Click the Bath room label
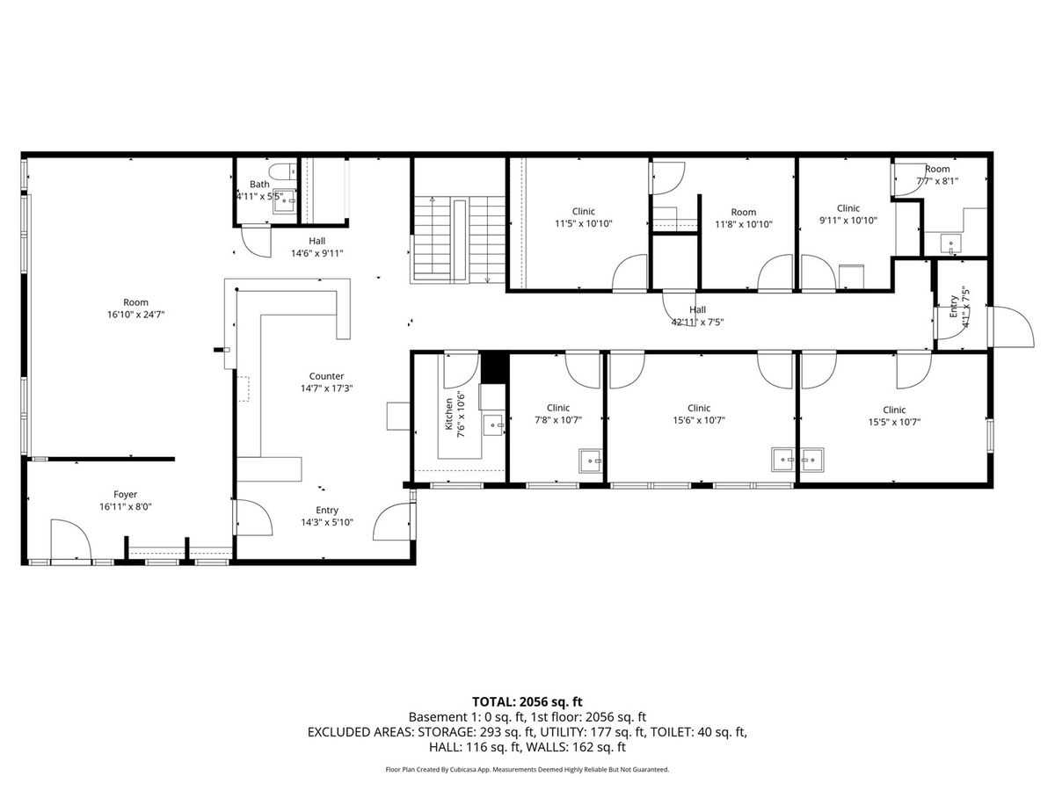click(259, 184)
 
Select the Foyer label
click(126, 494)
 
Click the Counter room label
click(326, 376)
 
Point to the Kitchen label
click(449, 414)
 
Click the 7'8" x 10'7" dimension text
click(558, 420)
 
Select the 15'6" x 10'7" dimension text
click(699, 420)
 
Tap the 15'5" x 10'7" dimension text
click(894, 422)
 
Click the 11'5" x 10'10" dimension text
click(584, 223)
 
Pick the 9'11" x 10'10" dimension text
click(848, 221)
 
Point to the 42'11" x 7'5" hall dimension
click(697, 323)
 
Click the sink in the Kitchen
click(493, 425)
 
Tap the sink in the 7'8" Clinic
click(591, 461)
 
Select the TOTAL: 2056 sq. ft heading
click(527, 701)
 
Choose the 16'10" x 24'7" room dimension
click(136, 315)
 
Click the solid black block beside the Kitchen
click(494, 368)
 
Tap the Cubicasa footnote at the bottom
click(527, 769)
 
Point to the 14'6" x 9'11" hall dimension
click(317, 253)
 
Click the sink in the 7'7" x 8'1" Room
click(950, 243)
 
